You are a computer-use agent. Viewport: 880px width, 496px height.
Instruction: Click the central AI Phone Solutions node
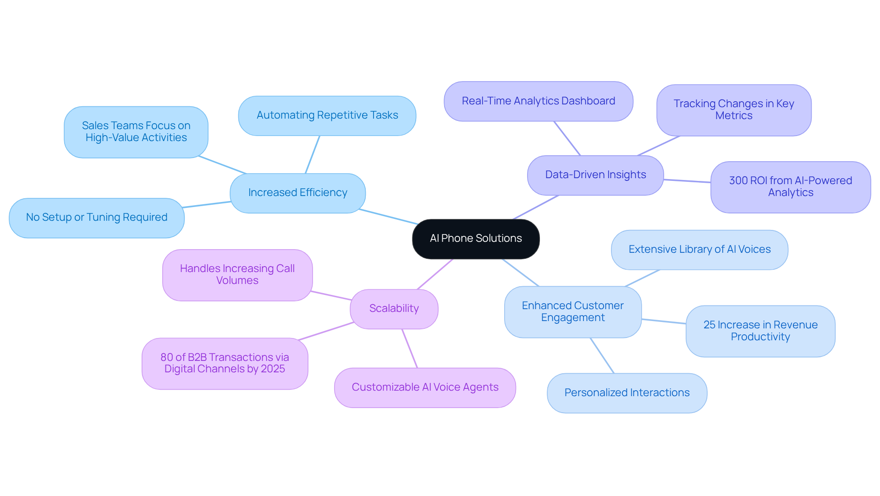click(476, 239)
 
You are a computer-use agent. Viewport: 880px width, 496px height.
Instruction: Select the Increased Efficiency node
click(297, 193)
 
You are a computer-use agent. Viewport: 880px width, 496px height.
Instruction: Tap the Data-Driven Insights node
click(595, 175)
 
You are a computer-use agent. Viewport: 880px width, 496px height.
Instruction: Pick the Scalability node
click(394, 309)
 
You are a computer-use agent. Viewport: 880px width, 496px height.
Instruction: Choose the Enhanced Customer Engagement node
click(572, 312)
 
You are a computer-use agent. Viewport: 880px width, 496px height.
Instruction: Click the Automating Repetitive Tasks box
click(327, 115)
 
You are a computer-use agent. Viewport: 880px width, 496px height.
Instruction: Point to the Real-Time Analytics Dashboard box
click(538, 101)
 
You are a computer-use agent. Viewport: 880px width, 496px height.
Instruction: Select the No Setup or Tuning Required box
click(96, 218)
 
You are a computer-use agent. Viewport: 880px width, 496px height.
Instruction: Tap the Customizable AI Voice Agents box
click(425, 387)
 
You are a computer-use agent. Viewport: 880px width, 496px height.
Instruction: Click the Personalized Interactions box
click(627, 393)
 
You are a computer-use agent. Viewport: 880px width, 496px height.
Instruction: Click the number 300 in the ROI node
click(738, 181)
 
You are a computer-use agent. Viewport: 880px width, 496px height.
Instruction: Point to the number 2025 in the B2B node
click(273, 369)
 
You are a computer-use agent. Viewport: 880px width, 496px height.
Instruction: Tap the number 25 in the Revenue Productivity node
click(709, 325)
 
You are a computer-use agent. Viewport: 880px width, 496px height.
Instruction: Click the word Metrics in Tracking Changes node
click(734, 116)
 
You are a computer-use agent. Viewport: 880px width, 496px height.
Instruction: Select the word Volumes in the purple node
click(237, 281)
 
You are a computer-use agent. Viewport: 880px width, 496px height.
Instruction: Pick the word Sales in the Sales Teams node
click(95, 126)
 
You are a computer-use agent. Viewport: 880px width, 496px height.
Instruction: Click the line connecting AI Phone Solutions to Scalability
click(435, 274)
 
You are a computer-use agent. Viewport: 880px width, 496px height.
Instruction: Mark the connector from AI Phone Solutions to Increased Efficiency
click(388, 217)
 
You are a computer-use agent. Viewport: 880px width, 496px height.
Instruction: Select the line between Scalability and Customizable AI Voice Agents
click(410, 349)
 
